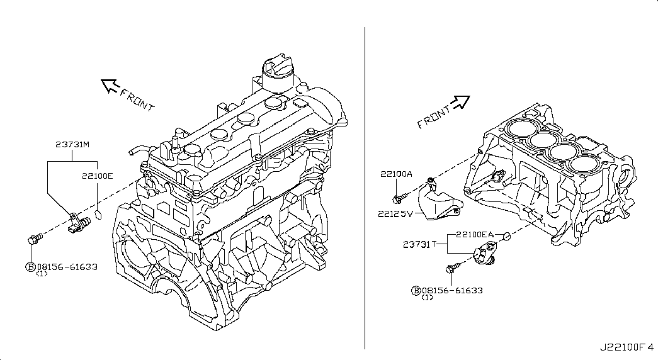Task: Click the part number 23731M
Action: tap(72, 145)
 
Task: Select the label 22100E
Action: tap(97, 176)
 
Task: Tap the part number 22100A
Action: tap(395, 174)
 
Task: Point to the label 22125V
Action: tap(395, 213)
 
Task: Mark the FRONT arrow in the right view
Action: tap(461, 101)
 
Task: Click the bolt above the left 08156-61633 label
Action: tap(34, 239)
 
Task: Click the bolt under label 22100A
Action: tap(397, 199)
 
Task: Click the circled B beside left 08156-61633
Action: tap(30, 267)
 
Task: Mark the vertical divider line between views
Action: tap(365, 189)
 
